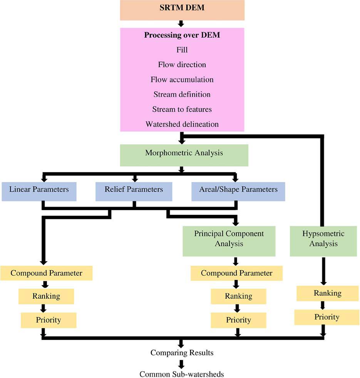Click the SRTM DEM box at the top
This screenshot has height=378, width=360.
(182, 10)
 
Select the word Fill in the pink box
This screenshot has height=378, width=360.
(182, 50)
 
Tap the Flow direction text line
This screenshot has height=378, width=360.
(182, 64)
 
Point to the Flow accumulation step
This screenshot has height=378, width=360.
(182, 79)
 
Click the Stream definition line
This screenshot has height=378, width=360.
(182, 94)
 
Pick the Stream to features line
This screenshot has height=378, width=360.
(182, 109)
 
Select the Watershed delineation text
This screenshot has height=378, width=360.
(182, 124)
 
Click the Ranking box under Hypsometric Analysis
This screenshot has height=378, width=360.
(327, 293)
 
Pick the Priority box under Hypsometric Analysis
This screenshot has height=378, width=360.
(327, 317)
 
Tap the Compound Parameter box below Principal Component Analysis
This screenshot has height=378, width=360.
(236, 273)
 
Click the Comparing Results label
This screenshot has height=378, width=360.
(182, 353)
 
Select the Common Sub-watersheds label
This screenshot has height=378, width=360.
(182, 374)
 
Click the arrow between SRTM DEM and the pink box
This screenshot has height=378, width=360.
(181, 24)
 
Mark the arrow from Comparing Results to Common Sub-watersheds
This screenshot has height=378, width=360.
(181, 363)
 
